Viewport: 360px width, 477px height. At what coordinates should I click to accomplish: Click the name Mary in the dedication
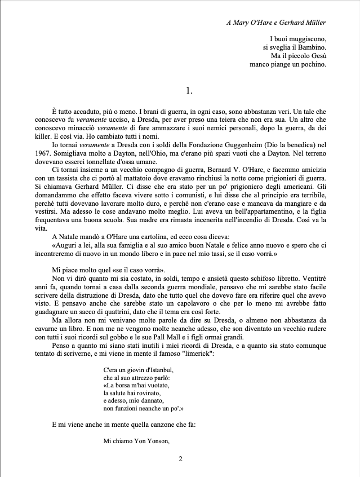242,23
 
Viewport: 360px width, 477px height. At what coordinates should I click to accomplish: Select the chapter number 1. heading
189,90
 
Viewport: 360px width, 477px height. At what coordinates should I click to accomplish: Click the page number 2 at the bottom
180,459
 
